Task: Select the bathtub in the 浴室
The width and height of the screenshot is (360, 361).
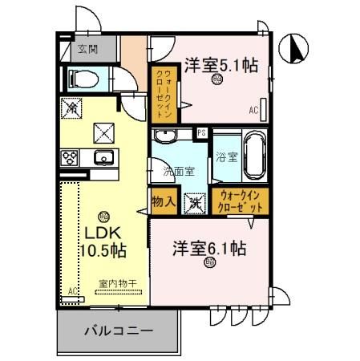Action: [253, 156]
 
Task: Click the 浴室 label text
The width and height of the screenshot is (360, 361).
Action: [225, 156]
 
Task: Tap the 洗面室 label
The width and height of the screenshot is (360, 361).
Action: [179, 171]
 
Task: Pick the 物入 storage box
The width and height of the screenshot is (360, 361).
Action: [164, 201]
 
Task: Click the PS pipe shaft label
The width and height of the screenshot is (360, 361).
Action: [202, 133]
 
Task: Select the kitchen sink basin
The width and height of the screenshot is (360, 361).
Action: [103, 157]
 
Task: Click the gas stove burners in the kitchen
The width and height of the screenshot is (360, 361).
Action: [70, 157]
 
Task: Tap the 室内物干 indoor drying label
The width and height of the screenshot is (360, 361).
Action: [115, 283]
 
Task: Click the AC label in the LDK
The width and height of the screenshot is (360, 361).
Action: [72, 290]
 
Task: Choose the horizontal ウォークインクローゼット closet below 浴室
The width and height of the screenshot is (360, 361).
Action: [241, 201]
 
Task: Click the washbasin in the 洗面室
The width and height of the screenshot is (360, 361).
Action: [168, 136]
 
